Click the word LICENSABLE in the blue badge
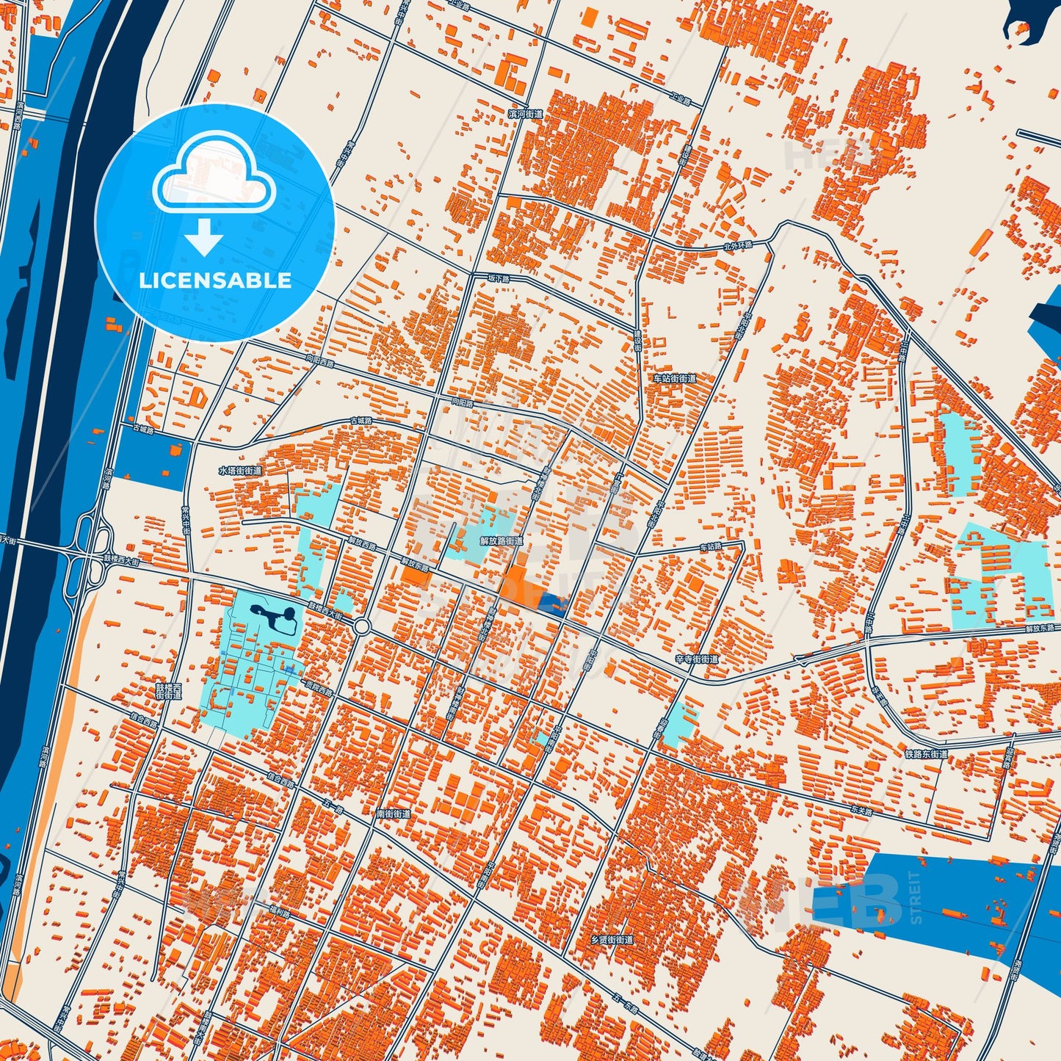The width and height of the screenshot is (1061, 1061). pyautogui.click(x=215, y=280)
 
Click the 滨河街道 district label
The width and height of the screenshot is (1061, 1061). pyautogui.click(x=526, y=114)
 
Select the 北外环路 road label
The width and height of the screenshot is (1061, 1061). pyautogui.click(x=737, y=245)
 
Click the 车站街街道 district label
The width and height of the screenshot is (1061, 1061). pyautogui.click(x=674, y=378)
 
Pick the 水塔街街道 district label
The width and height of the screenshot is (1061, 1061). pyautogui.click(x=239, y=470)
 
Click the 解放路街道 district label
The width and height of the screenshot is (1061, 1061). pyautogui.click(x=501, y=540)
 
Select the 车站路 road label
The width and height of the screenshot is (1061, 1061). pyautogui.click(x=710, y=547)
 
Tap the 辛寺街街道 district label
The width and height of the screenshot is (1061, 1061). pyautogui.click(x=696, y=659)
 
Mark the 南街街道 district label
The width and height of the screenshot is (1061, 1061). pyautogui.click(x=393, y=814)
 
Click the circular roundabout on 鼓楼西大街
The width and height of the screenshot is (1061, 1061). pyautogui.click(x=361, y=626)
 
